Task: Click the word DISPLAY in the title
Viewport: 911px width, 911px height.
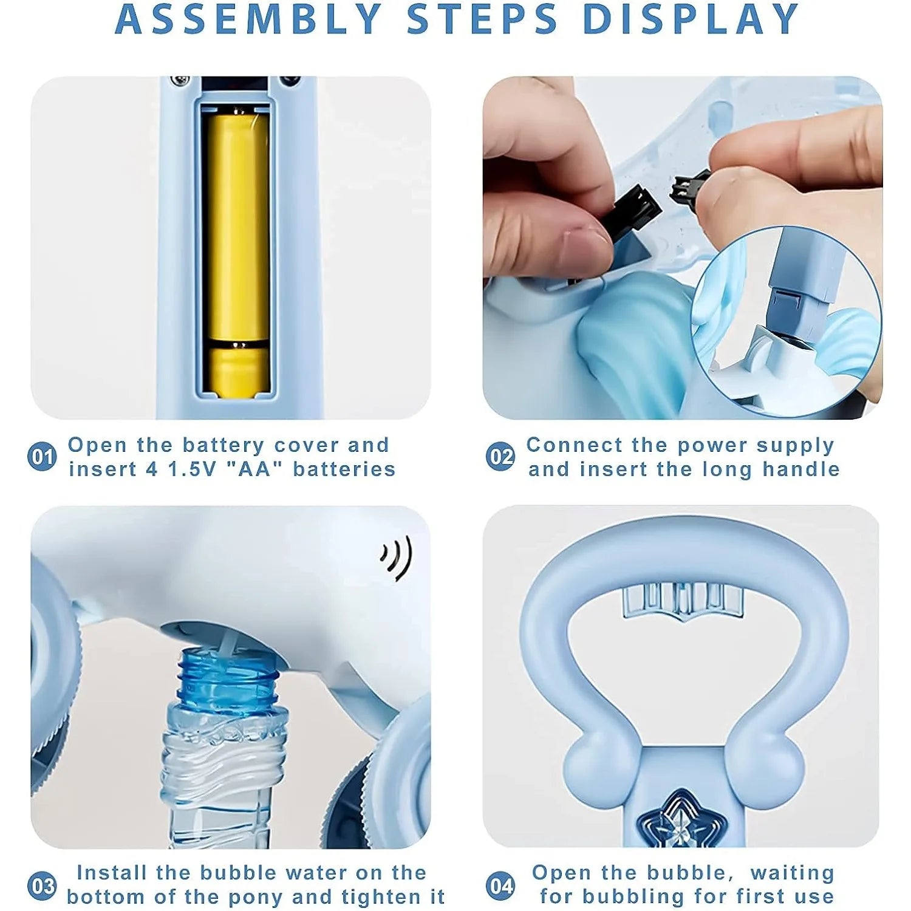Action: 691,19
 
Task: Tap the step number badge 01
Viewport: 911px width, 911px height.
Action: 42,457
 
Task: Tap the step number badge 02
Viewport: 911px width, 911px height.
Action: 500,457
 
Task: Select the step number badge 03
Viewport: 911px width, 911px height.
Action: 42,886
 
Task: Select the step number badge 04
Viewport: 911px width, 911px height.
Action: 500,886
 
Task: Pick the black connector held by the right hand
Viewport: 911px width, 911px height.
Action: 690,186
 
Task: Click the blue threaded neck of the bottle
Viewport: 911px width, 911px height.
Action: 228,677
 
